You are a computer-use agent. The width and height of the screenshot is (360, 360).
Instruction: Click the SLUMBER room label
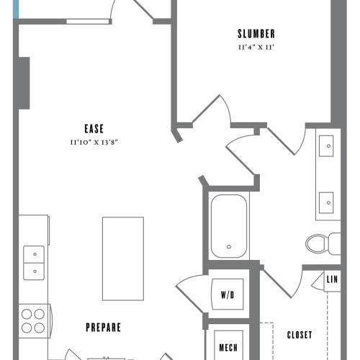coord(256,34)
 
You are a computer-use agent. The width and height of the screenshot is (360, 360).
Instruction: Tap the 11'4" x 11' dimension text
coord(256,47)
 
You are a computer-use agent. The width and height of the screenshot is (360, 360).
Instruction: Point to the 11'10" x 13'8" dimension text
coord(94,143)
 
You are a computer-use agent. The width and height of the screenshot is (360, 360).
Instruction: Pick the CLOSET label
coord(300,335)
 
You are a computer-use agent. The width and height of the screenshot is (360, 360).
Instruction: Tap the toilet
coord(320,243)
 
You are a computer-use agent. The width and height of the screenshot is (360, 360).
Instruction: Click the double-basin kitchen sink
coord(33,263)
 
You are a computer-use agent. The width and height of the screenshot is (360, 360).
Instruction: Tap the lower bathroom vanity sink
coord(328,198)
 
